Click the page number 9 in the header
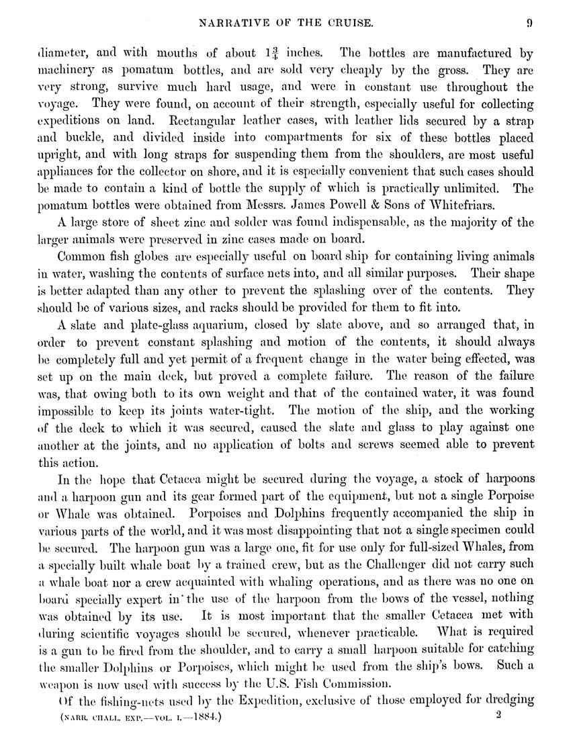click(x=530, y=24)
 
